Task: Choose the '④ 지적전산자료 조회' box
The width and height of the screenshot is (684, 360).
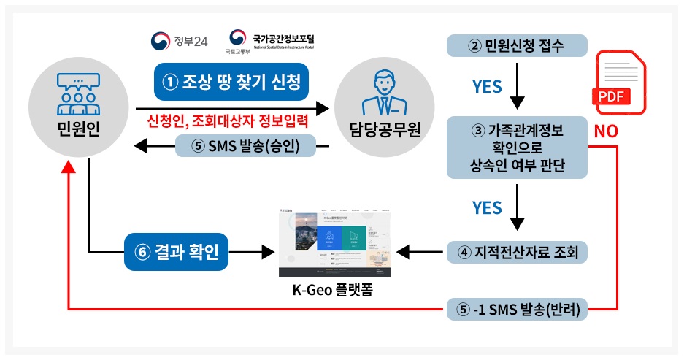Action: [517, 253]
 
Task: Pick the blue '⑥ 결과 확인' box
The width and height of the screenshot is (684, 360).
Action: [181, 253]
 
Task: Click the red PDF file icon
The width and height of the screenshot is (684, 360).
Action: [620, 82]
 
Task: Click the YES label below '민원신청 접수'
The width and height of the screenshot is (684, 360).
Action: [486, 87]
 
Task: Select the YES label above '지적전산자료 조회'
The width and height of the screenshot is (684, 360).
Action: [486, 207]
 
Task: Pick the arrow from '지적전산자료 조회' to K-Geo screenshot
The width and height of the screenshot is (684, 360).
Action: [421, 253]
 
